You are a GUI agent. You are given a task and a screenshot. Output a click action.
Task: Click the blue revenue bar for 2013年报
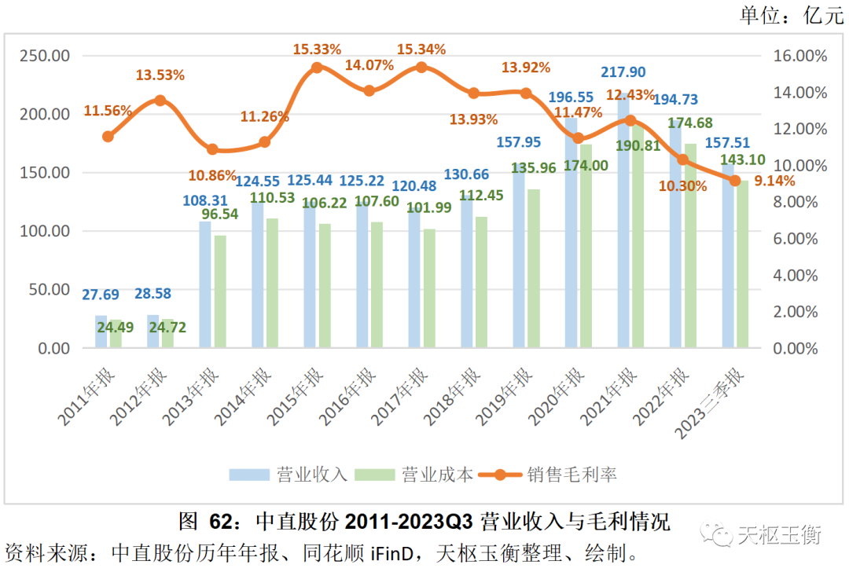(x=205, y=284)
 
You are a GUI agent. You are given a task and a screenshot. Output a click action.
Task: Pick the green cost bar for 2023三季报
(x=742, y=264)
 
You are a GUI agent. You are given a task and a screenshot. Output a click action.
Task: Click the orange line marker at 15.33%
(x=317, y=68)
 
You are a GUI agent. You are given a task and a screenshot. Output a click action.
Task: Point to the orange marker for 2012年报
(x=160, y=101)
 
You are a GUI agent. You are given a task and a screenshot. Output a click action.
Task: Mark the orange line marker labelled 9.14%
(x=735, y=181)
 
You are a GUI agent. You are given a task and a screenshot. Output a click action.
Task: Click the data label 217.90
(x=623, y=72)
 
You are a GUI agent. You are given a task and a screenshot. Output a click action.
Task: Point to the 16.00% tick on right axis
(x=796, y=56)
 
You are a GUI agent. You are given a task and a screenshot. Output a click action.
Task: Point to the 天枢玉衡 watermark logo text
(x=778, y=536)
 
